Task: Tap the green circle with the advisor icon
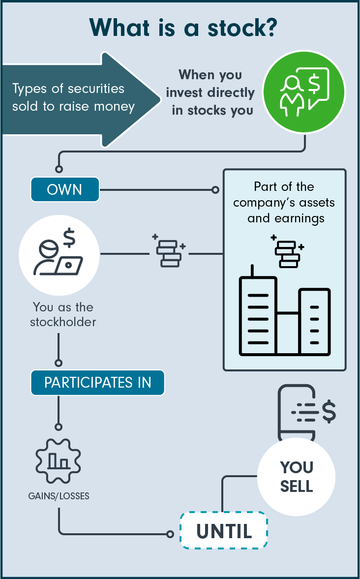[x=304, y=92]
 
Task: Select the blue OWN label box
[x=65, y=189]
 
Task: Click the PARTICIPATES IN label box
[x=97, y=383]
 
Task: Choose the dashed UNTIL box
[x=224, y=530]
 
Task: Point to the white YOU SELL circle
[x=296, y=476]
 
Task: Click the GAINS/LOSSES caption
[x=59, y=496]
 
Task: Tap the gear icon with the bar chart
[x=59, y=459]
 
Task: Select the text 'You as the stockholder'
[x=62, y=314]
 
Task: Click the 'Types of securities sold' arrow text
[x=73, y=97]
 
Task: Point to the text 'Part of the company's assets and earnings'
[x=285, y=202]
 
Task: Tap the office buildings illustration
[x=284, y=315]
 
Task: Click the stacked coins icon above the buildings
[x=287, y=252]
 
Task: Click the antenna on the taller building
[x=252, y=271]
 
